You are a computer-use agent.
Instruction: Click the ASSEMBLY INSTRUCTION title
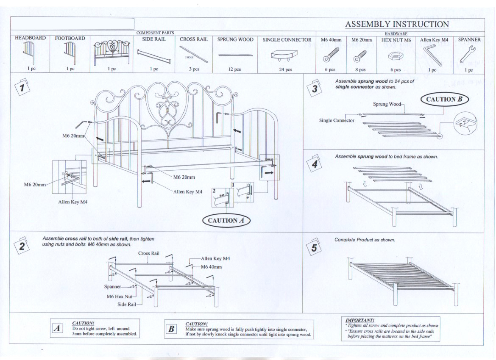click(x=396, y=24)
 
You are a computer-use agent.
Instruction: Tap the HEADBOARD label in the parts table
click(x=30, y=38)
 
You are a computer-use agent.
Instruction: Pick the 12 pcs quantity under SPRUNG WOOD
click(x=235, y=69)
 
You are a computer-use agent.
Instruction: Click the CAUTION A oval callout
click(x=226, y=220)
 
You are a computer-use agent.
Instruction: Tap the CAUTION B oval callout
click(x=444, y=100)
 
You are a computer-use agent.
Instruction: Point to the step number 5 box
click(x=314, y=246)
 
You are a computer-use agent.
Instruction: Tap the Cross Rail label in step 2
click(x=148, y=253)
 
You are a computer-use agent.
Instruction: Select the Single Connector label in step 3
click(x=337, y=121)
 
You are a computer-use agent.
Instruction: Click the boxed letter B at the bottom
click(x=171, y=329)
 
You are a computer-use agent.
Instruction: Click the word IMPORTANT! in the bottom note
click(x=360, y=320)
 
